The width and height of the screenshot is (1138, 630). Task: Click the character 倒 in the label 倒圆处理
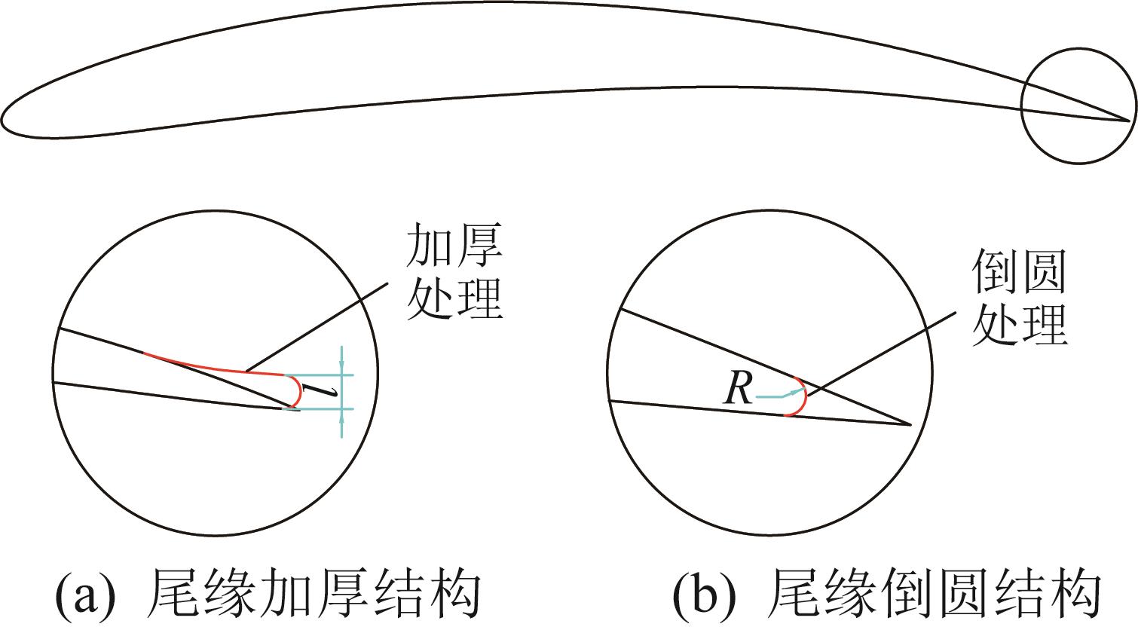click(x=994, y=272)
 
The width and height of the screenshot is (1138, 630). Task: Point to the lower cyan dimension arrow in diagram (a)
click(x=342, y=422)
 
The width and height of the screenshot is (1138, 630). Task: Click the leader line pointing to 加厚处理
click(x=317, y=329)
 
